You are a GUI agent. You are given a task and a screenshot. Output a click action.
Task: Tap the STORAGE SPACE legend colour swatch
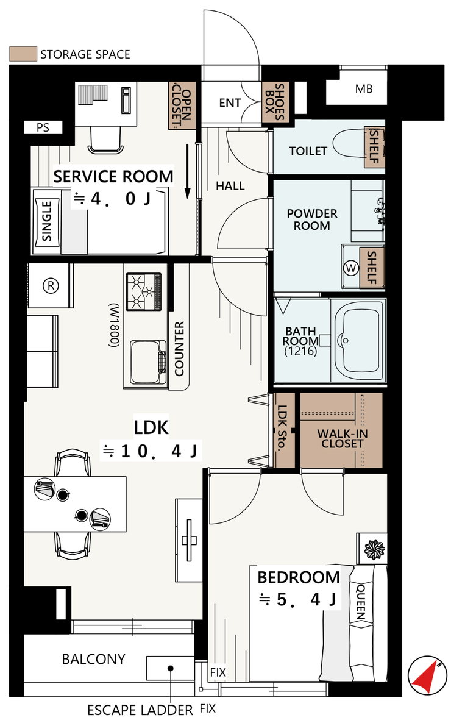(23, 54)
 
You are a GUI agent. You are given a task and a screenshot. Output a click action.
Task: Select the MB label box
(363, 89)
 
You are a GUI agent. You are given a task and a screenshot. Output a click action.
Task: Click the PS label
(43, 127)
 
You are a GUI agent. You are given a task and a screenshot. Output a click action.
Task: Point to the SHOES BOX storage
(275, 102)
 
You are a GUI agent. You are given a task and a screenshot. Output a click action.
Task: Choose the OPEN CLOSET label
(182, 105)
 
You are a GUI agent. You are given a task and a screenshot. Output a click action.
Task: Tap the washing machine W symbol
(352, 268)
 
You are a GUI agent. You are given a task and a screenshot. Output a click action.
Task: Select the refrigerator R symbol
(51, 285)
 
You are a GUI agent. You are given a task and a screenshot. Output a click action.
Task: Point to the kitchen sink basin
(148, 363)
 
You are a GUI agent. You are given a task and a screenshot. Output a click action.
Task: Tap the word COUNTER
(179, 349)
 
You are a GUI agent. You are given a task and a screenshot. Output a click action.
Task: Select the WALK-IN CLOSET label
(342, 438)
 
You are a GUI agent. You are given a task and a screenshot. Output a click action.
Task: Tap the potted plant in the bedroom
(374, 549)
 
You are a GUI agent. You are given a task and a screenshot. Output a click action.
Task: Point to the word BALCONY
(94, 659)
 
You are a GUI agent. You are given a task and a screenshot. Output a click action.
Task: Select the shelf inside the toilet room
(374, 147)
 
